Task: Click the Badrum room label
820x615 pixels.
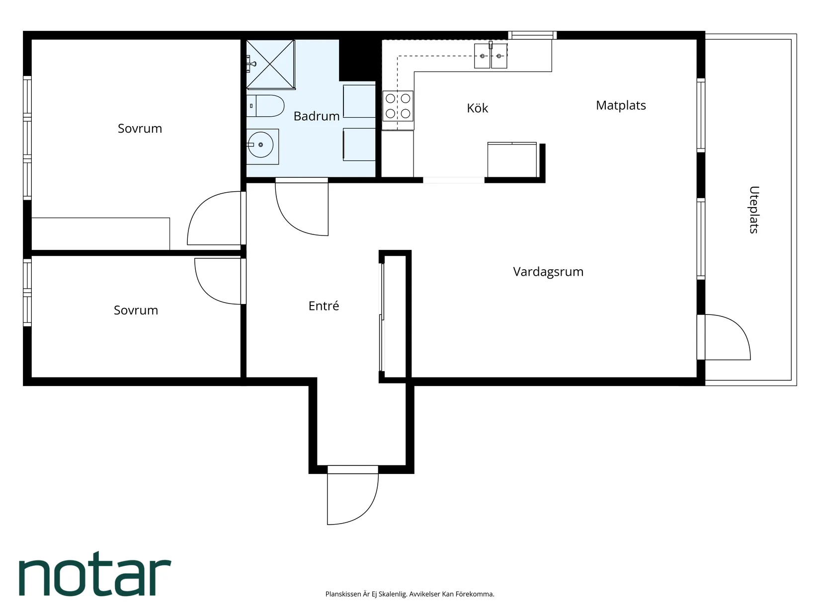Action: pos(316,116)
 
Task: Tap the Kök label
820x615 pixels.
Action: pos(477,108)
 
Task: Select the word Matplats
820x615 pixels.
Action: pos(621,106)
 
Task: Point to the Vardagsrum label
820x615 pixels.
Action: pos(548,272)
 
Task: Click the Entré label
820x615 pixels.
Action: pos(324,306)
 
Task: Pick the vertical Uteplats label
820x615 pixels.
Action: pos(754,210)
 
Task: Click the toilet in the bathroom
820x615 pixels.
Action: pos(265,106)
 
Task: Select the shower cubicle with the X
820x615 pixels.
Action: pos(271,65)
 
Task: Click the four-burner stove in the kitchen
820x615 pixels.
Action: pos(398,106)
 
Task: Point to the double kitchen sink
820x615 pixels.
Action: pos(491,56)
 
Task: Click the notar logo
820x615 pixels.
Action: pos(95,574)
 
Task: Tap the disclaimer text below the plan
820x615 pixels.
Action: pos(410,594)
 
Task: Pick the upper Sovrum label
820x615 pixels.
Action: pos(140,129)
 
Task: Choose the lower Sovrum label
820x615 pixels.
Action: pos(136,310)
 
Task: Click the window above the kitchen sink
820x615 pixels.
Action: pos(532,35)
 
